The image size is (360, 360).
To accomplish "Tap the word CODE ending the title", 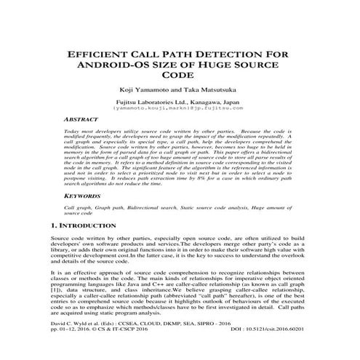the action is tap(179, 75).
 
